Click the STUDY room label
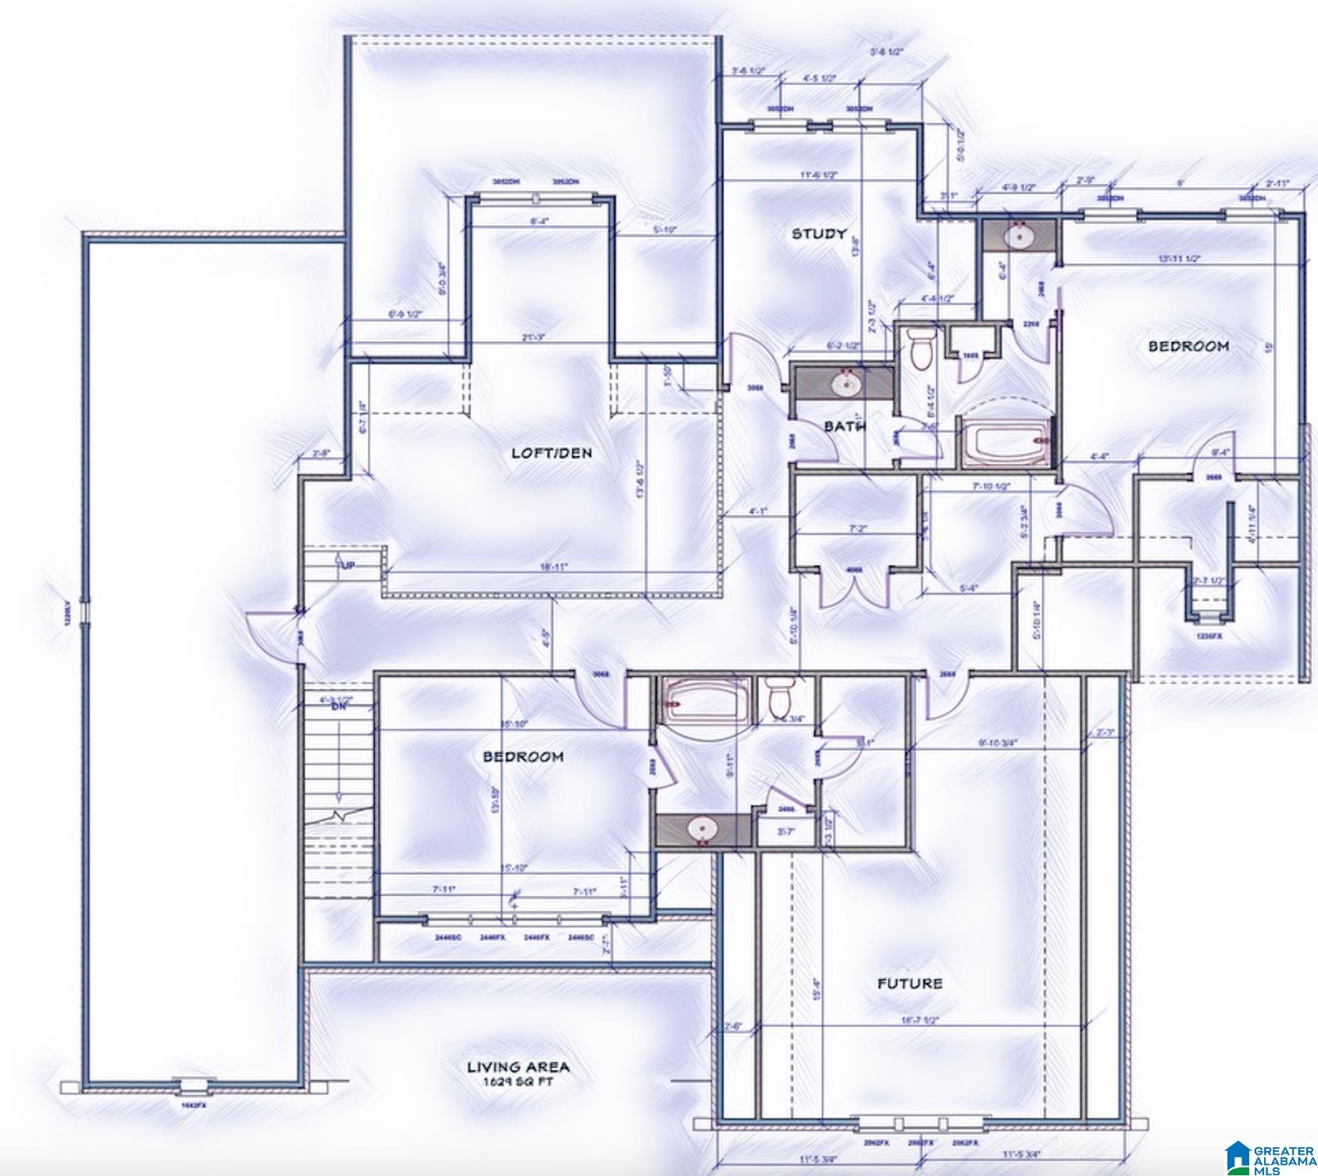pos(819,233)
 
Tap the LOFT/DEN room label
pos(551,453)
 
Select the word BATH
pos(845,426)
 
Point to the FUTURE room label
pos(910,983)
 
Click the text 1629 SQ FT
pos(518,1083)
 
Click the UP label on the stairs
pos(347,565)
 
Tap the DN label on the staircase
pos(338,707)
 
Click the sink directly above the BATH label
pos(844,383)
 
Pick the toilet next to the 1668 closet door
pos(921,347)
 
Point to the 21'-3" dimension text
pos(532,337)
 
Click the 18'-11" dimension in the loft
pos(555,568)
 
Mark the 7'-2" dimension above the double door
pos(858,529)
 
